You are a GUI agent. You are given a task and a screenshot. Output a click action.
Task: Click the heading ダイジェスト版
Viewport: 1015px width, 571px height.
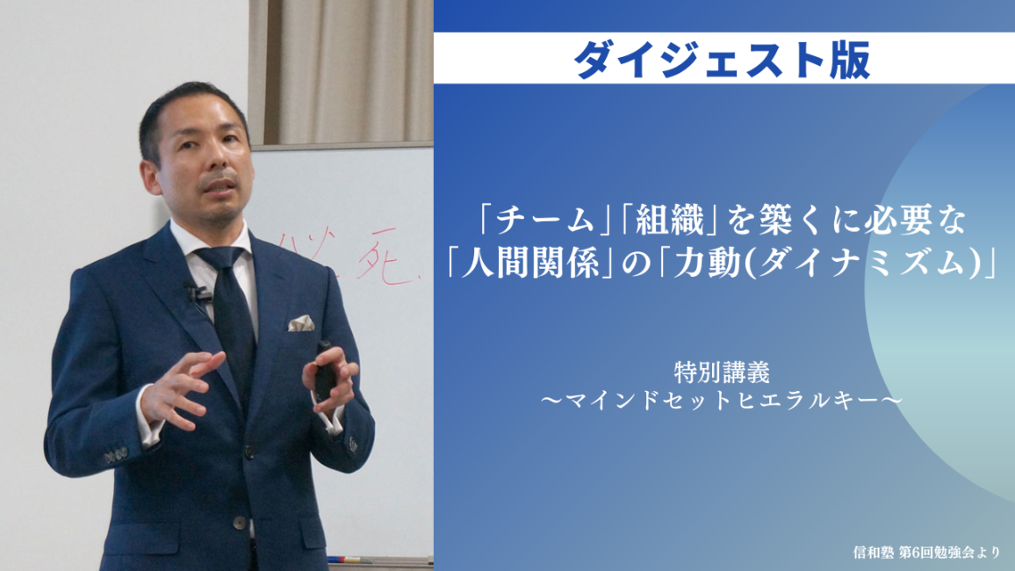[x=722, y=61]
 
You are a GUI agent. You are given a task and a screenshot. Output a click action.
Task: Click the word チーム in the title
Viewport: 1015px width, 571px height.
[x=543, y=221]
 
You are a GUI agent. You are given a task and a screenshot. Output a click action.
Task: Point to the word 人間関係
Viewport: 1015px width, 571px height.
[x=530, y=263]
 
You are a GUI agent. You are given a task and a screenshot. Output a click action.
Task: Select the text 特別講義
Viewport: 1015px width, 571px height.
[x=722, y=372]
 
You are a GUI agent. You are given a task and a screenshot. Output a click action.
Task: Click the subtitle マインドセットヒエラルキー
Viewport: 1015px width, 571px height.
[x=722, y=401]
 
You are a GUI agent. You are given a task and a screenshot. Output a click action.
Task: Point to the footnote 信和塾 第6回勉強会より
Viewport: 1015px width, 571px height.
[x=926, y=553]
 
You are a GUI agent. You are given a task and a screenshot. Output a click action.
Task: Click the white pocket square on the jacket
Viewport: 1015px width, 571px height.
[x=301, y=323]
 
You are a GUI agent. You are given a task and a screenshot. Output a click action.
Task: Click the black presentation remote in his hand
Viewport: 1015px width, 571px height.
[x=324, y=372]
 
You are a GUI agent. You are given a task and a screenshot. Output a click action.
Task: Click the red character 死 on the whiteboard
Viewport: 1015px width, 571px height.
[x=385, y=261]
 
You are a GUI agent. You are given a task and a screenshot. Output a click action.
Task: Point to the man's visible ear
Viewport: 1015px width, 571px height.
[x=151, y=176]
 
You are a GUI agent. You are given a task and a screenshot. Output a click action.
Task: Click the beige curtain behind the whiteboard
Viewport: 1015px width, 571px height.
[x=342, y=71]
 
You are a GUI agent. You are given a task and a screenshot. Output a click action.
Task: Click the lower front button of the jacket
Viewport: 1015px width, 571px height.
[x=241, y=523]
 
